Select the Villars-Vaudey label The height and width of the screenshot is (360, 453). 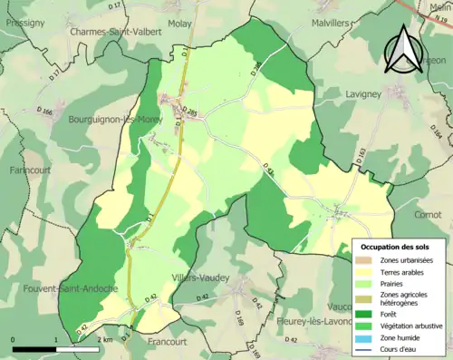click(x=200, y=277)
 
